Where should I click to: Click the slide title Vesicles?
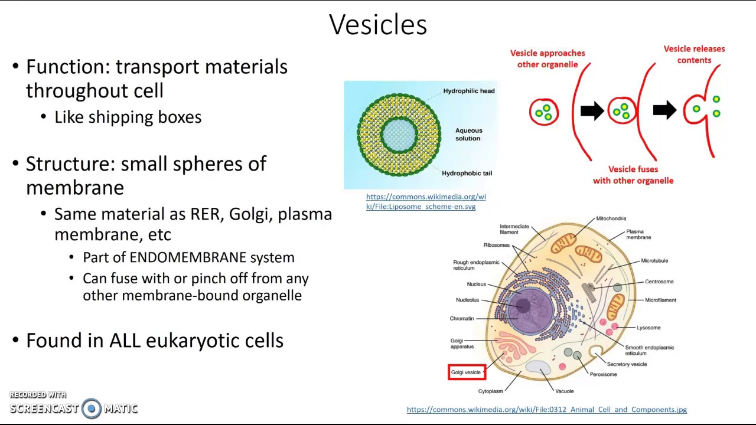click(378, 25)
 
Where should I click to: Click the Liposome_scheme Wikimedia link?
click(425, 201)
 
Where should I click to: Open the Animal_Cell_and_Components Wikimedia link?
click(546, 410)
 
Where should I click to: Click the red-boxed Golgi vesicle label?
click(466, 372)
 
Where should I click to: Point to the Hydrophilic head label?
click(469, 91)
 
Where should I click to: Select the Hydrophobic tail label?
click(467, 173)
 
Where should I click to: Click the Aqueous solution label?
click(468, 135)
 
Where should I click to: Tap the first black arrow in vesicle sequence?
click(592, 110)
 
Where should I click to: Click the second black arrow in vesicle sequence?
click(664, 110)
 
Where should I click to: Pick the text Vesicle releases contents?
click(694, 54)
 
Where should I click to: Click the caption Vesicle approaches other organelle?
click(548, 58)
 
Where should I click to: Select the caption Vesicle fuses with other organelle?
click(633, 175)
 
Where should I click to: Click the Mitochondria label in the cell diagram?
click(611, 218)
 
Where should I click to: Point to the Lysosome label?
click(649, 328)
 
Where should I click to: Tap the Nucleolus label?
click(467, 300)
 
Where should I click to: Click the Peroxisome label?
click(603, 374)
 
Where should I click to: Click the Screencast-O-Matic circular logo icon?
click(92, 408)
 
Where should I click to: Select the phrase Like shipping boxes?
click(128, 117)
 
